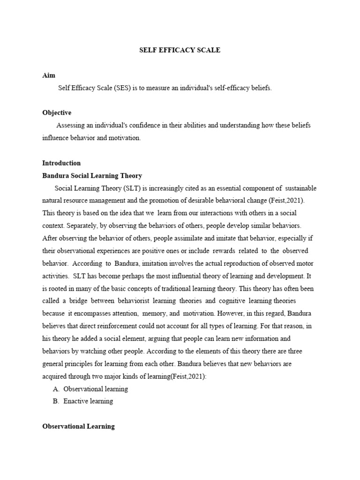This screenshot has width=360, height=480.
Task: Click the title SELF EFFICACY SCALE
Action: point(180,50)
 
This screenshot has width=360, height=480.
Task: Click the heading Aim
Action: point(48,75)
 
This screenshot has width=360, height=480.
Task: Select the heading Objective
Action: point(57,112)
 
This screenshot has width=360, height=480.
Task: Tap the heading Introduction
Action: point(61,163)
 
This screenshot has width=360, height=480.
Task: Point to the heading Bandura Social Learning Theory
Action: point(92,176)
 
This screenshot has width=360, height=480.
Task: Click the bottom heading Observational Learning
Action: point(78,427)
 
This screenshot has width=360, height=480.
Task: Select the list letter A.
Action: point(56,389)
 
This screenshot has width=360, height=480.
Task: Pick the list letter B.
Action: point(56,401)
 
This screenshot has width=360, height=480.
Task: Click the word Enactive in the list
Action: point(75,401)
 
